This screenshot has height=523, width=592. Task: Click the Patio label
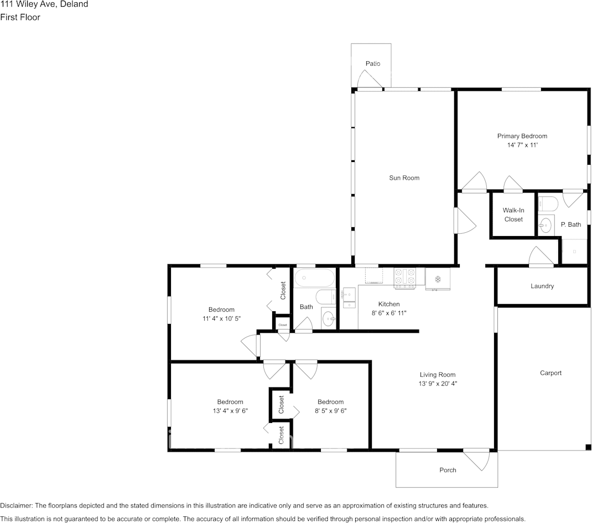tap(373, 64)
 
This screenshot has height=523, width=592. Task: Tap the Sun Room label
tap(404, 177)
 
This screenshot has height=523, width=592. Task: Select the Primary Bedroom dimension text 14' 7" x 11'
tap(522, 145)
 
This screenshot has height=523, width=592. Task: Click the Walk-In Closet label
tap(513, 215)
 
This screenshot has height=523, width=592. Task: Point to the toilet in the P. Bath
tap(547, 203)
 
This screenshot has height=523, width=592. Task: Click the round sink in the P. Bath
tap(545, 226)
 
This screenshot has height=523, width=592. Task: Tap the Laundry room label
tap(542, 286)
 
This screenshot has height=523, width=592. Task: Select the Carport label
tap(551, 373)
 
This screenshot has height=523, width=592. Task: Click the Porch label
tap(448, 470)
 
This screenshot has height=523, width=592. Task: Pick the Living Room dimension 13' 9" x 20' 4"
tap(438, 383)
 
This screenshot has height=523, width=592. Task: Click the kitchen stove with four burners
tap(405, 278)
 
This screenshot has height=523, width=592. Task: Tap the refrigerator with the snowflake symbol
tap(438, 279)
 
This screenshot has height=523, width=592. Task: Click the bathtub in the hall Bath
tap(314, 278)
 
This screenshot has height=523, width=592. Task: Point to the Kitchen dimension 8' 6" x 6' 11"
tap(389, 313)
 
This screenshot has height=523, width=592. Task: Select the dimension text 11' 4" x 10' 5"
tap(221, 318)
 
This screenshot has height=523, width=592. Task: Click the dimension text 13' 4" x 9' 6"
tap(230, 411)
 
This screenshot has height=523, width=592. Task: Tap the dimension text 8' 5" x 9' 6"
tap(330, 411)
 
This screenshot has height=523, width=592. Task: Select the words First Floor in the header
tap(20, 17)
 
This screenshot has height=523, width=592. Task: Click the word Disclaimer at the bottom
tap(16, 506)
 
